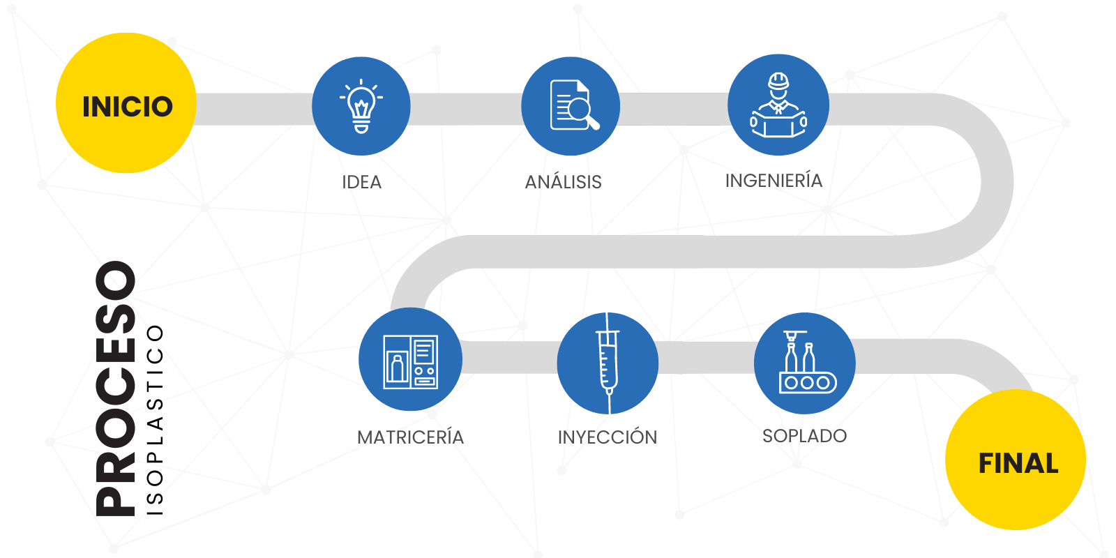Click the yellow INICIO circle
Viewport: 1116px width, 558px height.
coord(126,103)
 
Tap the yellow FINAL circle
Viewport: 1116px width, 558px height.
coord(1016,460)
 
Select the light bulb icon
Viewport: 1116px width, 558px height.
coord(361,106)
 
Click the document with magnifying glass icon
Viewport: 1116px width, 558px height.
coord(571,106)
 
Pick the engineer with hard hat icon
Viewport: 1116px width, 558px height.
coord(778,105)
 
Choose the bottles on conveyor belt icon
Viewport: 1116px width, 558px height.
coord(805,363)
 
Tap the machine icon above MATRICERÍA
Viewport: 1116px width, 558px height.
coord(410,360)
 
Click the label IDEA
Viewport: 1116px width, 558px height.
coord(361,182)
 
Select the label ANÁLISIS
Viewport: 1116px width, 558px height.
coord(563,182)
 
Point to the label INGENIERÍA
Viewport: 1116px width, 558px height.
coord(774,181)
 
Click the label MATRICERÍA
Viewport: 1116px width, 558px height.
coord(410,437)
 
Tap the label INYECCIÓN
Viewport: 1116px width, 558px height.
coord(608,437)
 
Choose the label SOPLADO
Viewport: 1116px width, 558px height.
coord(804,436)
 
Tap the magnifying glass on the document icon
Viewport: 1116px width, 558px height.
coord(581,112)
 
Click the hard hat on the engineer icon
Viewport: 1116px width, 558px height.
coord(778,81)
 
